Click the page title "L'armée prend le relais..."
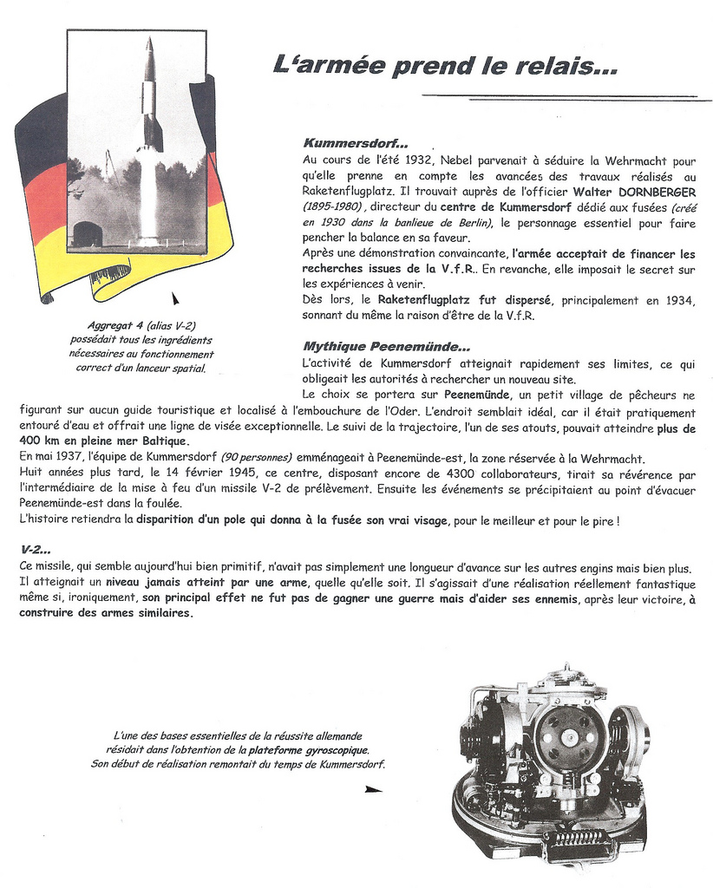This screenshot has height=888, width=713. (444, 65)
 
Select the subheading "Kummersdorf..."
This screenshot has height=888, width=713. (356, 143)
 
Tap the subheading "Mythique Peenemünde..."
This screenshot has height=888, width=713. (387, 346)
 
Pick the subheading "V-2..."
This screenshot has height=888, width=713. (36, 550)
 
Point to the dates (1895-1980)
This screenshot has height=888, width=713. (333, 207)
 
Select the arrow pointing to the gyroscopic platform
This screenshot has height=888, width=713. (373, 789)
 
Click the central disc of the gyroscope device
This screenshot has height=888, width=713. (569, 737)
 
